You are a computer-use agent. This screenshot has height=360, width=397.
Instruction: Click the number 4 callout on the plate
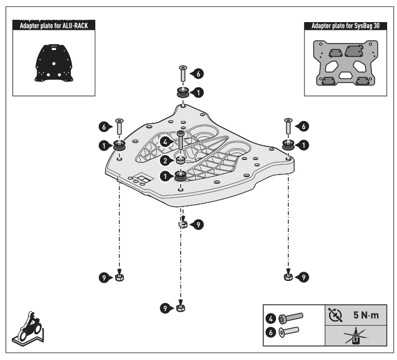click(x=166, y=141)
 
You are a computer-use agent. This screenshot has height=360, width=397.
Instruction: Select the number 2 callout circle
click(x=166, y=160)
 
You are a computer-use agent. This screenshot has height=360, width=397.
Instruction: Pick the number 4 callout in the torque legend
click(x=271, y=318)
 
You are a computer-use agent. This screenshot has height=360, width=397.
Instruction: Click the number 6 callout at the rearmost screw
click(x=199, y=74)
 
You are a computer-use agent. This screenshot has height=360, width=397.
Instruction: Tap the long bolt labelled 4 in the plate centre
click(x=181, y=143)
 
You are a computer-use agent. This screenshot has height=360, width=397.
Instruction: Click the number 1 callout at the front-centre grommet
click(x=166, y=175)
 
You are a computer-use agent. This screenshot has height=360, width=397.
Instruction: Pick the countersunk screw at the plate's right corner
click(x=287, y=126)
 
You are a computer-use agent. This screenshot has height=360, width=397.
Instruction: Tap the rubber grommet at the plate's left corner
click(x=120, y=145)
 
